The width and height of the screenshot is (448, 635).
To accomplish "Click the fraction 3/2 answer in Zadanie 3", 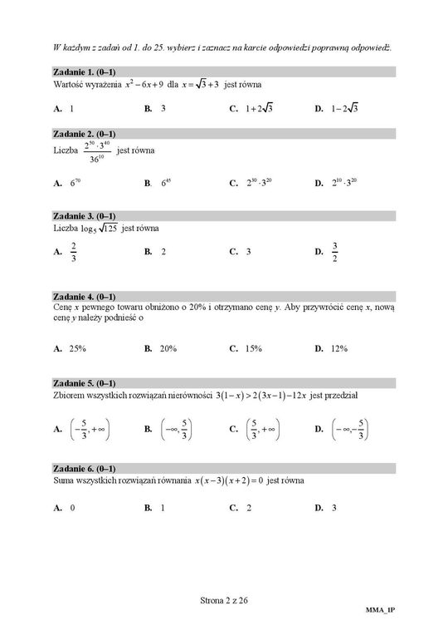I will click(335, 251).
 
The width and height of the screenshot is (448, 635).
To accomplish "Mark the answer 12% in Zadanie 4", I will click(338, 349).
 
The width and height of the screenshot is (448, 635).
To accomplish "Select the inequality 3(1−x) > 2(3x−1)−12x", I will click(260, 396).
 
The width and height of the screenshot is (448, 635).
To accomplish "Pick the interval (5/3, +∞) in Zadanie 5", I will click(262, 430).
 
